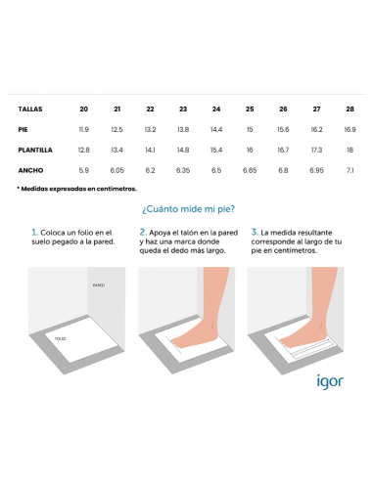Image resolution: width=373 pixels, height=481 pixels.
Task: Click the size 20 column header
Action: point(84,109)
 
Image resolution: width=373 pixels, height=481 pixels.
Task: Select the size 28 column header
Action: point(350,109)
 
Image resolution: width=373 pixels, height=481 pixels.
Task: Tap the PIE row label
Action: point(23,129)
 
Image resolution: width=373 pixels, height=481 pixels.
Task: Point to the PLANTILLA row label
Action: point(35,150)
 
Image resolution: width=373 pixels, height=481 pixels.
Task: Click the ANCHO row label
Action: point(30,170)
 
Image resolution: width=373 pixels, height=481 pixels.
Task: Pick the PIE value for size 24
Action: point(216,129)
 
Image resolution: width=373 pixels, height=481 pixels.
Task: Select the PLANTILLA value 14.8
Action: point(183,150)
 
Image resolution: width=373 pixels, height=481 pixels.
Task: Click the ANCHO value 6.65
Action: point(250,170)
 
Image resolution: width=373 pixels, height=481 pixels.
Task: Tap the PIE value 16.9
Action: point(350,129)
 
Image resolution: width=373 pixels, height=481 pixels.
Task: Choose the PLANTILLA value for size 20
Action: point(84,150)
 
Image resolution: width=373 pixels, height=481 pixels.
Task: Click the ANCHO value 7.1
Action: point(350,170)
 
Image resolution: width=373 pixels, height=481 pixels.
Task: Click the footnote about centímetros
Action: point(76,189)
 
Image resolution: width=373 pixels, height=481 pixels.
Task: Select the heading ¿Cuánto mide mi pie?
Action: point(188,209)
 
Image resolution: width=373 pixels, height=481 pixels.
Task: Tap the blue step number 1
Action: point(34,233)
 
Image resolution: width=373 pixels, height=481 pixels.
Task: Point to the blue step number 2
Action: point(143,233)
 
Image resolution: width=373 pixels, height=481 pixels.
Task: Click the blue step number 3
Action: point(255,233)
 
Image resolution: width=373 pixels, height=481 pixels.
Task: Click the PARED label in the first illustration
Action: point(99,285)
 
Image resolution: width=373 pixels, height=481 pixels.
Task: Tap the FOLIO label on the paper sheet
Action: point(61,339)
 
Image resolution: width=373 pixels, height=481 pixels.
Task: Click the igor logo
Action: point(330,381)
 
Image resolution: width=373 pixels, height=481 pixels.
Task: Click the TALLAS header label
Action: point(30,109)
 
